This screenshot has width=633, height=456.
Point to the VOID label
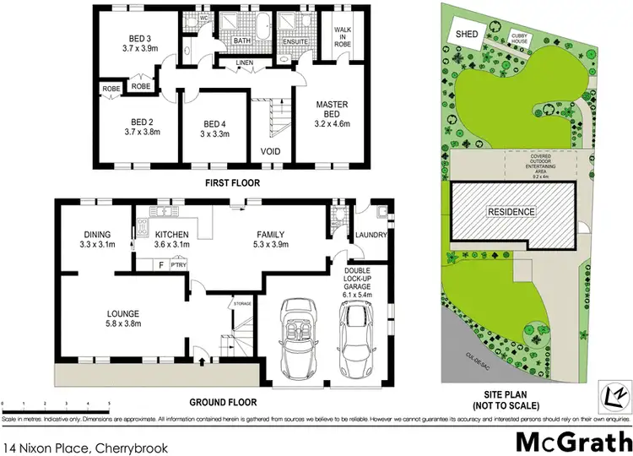tap(270, 152)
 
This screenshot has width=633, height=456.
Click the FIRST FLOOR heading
tap(232, 182)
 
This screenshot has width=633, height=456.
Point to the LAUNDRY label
tap(371, 235)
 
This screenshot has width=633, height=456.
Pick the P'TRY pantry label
tap(178, 264)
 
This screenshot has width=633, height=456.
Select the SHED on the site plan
tap(467, 34)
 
